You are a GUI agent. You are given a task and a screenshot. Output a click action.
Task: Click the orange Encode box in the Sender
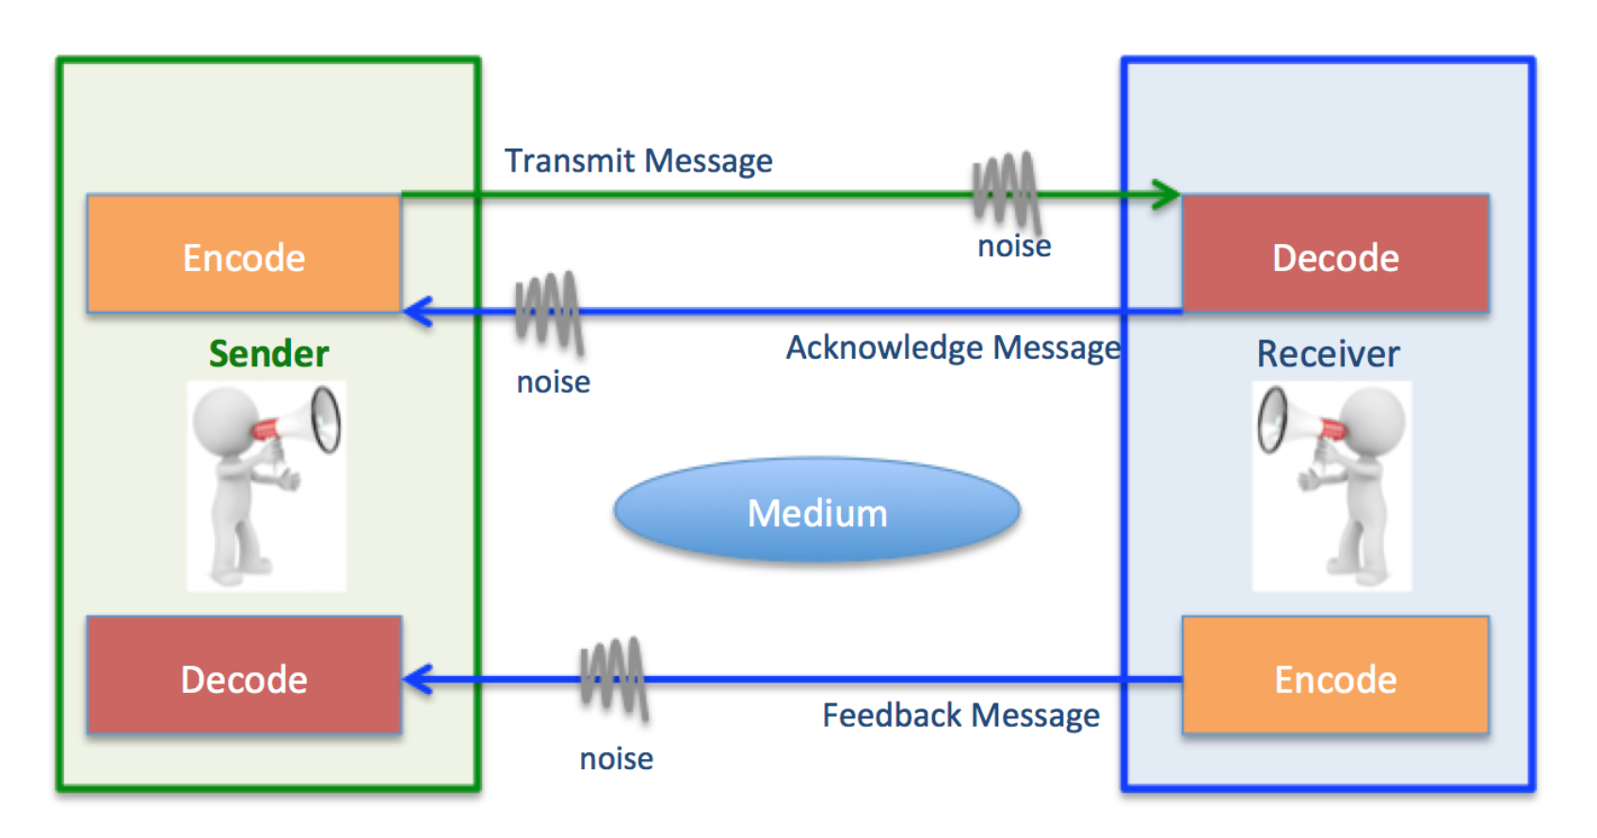click(x=244, y=254)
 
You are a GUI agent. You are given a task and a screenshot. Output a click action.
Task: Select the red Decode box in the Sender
click(x=244, y=676)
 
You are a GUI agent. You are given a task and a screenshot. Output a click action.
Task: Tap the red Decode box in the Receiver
click(x=1335, y=254)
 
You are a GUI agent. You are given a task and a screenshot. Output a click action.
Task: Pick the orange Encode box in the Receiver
click(x=1335, y=676)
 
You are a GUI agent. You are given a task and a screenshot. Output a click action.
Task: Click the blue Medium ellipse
click(x=816, y=512)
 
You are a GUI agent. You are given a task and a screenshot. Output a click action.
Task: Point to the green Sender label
click(x=268, y=354)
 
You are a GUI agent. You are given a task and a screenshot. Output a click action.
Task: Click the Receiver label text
click(x=1328, y=354)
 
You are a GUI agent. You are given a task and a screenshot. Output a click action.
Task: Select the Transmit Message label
click(x=638, y=161)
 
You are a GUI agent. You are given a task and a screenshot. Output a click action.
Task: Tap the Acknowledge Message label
click(x=953, y=347)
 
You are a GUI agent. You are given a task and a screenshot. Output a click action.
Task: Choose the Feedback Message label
click(x=960, y=716)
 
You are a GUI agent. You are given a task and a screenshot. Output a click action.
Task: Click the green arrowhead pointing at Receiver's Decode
click(x=1168, y=195)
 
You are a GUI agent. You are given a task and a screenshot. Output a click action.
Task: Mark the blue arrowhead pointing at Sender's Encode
click(x=417, y=312)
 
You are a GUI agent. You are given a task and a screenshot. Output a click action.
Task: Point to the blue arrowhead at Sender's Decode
click(x=417, y=679)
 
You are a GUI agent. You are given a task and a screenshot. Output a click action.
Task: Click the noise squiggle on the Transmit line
click(x=1006, y=191)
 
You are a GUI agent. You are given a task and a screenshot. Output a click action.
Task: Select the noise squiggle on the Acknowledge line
click(x=548, y=311)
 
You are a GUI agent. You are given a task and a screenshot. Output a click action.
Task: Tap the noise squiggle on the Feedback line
click(x=614, y=678)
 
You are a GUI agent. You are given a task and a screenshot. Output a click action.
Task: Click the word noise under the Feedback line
click(x=616, y=758)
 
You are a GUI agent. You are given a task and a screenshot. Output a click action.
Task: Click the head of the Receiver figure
click(x=1373, y=418)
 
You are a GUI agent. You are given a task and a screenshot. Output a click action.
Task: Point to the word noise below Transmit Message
click(x=1014, y=246)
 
